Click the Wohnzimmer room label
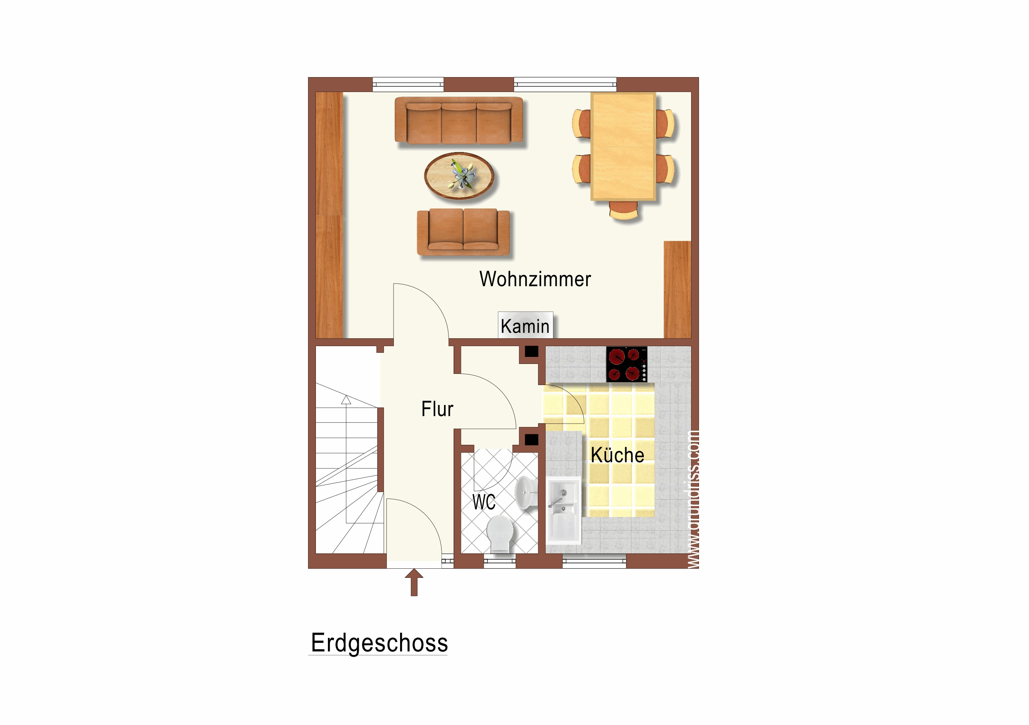click(535, 279)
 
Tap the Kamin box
click(525, 325)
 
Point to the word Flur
click(437, 409)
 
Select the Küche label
click(617, 455)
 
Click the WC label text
click(483, 502)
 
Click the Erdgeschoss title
click(379, 643)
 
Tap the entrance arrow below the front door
click(414, 582)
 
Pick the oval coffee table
click(459, 176)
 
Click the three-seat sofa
click(459, 121)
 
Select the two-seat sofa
click(463, 232)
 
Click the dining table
click(623, 146)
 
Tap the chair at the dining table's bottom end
click(624, 210)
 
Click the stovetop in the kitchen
click(626, 364)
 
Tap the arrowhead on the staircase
click(346, 400)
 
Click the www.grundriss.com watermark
click(693, 499)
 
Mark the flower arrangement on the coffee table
click(461, 175)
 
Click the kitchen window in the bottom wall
click(594, 560)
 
